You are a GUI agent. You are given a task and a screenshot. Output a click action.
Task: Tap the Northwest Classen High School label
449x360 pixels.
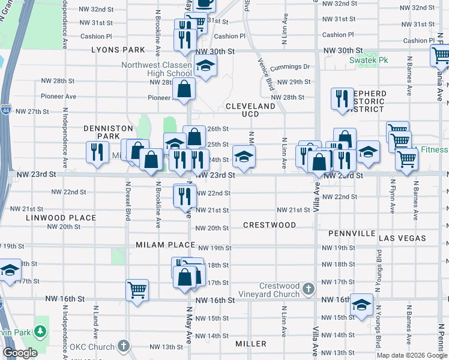[x=157, y=70]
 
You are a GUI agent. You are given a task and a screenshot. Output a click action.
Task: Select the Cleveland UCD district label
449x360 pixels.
[x=250, y=110]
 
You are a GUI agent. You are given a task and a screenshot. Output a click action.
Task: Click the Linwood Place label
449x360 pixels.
[x=61, y=218]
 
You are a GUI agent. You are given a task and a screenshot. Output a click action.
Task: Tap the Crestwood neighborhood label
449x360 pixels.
[x=270, y=225]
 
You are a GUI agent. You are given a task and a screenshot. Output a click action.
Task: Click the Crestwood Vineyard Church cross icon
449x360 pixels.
[x=309, y=289]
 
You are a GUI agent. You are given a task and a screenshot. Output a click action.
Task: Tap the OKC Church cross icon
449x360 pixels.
[x=123, y=346]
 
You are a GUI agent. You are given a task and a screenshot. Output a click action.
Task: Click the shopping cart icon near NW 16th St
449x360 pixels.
[x=137, y=290]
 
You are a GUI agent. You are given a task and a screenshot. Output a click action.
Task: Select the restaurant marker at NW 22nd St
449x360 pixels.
[x=185, y=195]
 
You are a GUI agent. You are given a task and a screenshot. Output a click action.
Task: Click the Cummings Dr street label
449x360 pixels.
[x=289, y=67]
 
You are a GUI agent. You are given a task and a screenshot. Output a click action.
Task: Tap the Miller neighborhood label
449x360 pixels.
[x=251, y=344]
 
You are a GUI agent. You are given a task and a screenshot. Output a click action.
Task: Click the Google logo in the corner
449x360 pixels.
[x=20, y=353]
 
